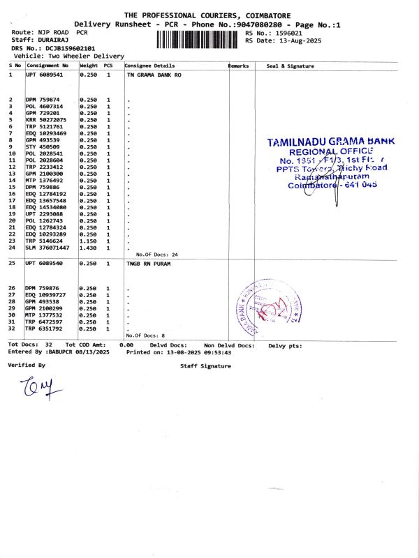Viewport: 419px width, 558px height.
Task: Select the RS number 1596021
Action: (288, 33)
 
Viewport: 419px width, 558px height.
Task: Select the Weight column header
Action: (89, 66)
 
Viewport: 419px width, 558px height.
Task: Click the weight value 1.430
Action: (89, 248)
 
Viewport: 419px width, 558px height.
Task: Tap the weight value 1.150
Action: (89, 241)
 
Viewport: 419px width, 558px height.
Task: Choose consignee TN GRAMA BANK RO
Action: (154, 74)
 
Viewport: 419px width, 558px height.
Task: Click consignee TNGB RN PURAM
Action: (149, 264)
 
